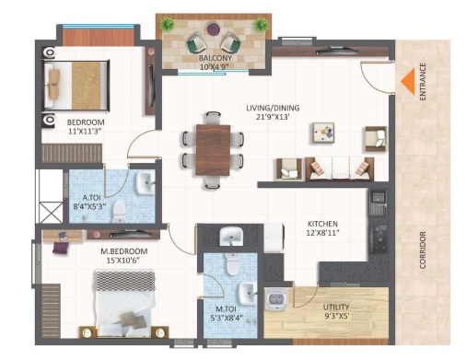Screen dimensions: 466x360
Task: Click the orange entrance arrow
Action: pyautogui.click(x=408, y=81)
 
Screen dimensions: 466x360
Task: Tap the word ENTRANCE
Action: pyautogui.click(x=423, y=81)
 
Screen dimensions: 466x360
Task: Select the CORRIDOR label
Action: pyautogui.click(x=423, y=250)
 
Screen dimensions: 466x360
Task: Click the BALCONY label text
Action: pyautogui.click(x=215, y=58)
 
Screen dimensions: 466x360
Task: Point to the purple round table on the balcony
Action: pyautogui.click(x=214, y=29)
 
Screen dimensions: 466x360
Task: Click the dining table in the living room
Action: pyautogui.click(x=213, y=150)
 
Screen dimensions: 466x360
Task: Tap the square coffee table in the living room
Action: pyautogui.click(x=323, y=133)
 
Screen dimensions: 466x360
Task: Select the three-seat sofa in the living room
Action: pyautogui.click(x=340, y=168)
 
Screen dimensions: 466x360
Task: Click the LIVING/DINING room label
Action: pyautogui.click(x=273, y=108)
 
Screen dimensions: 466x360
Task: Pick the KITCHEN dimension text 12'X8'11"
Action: pyautogui.click(x=322, y=233)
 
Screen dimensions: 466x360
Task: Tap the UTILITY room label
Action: pyautogui.click(x=336, y=307)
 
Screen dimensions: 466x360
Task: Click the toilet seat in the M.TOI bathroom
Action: pyautogui.click(x=232, y=264)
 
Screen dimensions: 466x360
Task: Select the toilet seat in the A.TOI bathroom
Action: pyautogui.click(x=119, y=212)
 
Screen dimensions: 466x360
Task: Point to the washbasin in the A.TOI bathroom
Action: pyautogui.click(x=146, y=183)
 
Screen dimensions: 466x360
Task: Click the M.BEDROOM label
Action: pyautogui.click(x=124, y=251)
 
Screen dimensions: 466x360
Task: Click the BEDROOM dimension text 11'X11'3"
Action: pyautogui.click(x=85, y=132)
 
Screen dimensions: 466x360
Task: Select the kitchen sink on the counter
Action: pyautogui.click(x=378, y=203)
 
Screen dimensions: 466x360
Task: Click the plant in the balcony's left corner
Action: pyautogui.click(x=168, y=24)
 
